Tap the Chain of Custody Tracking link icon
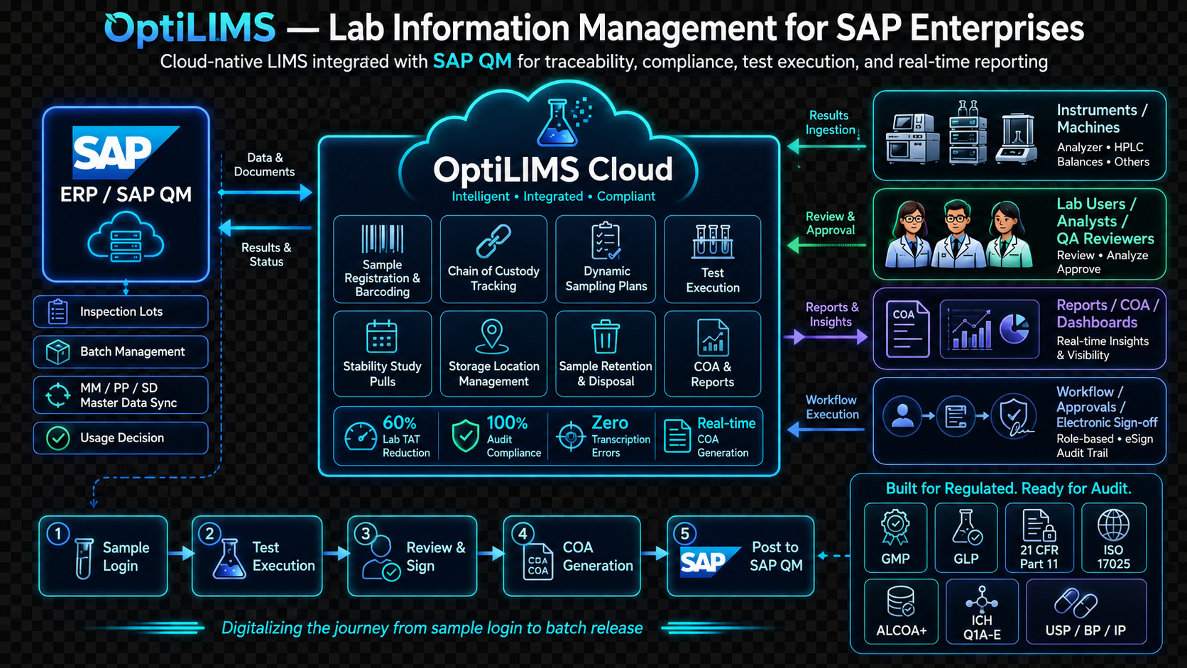click(493, 241)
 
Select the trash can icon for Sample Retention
click(605, 336)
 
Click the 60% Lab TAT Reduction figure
click(399, 422)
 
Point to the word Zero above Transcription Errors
click(609, 422)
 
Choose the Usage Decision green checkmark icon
click(58, 438)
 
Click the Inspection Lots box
click(121, 312)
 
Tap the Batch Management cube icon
click(58, 351)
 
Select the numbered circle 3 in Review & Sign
click(366, 533)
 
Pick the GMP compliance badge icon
click(895, 527)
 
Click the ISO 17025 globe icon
click(1113, 525)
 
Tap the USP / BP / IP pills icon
click(1076, 603)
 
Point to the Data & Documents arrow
click(265, 192)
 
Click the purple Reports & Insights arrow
click(826, 336)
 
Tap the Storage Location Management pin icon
click(492, 336)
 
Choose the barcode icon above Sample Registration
click(382, 239)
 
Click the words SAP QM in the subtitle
click(472, 62)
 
